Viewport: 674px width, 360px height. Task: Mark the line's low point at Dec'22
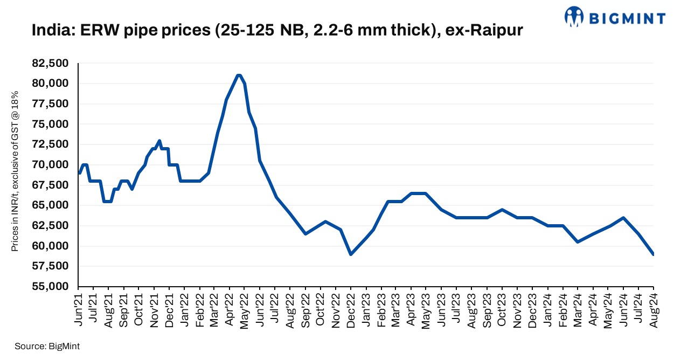tap(351, 254)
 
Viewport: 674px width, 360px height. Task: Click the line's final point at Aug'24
tap(653, 254)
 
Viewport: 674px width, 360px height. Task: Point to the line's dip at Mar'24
tap(578, 242)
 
